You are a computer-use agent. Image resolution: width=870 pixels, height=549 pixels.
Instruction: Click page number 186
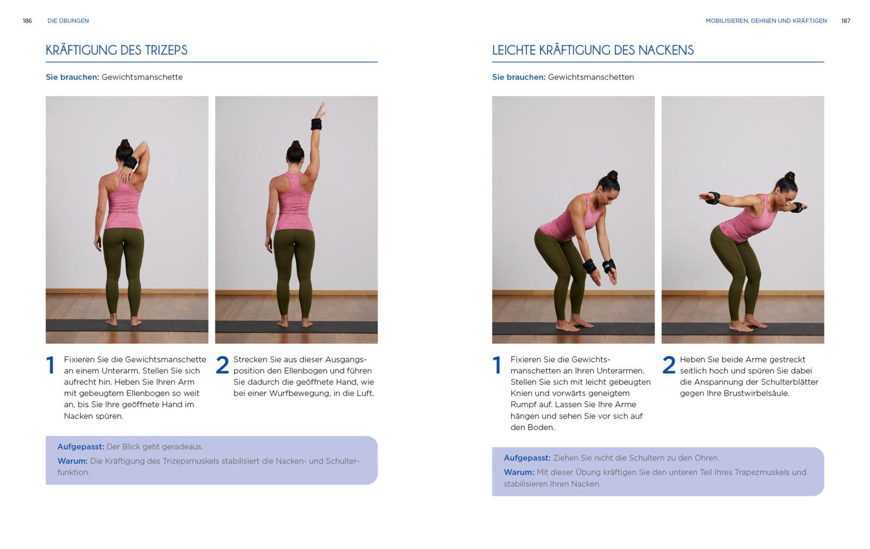point(27,21)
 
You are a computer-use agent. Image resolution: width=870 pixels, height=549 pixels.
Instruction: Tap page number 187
point(846,21)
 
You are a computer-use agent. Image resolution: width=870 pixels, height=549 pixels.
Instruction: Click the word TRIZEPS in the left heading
point(166,50)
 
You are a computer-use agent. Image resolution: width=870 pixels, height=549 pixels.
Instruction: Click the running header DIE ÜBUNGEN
point(68,21)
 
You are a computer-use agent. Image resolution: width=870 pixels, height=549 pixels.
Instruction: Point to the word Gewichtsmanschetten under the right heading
point(591,77)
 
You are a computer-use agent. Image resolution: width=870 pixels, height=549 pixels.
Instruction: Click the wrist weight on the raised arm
point(316,124)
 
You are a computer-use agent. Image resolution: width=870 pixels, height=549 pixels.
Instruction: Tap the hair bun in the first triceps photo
point(125,143)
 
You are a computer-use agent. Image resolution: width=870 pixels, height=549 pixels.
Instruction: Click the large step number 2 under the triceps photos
point(222,365)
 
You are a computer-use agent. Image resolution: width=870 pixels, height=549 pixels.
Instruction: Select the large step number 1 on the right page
point(497,365)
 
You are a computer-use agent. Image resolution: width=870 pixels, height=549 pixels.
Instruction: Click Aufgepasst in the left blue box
point(81,447)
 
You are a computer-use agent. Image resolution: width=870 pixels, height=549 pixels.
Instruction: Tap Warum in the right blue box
point(519,472)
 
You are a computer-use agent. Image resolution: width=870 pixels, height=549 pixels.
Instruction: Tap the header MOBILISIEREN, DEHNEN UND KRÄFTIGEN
point(766,21)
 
